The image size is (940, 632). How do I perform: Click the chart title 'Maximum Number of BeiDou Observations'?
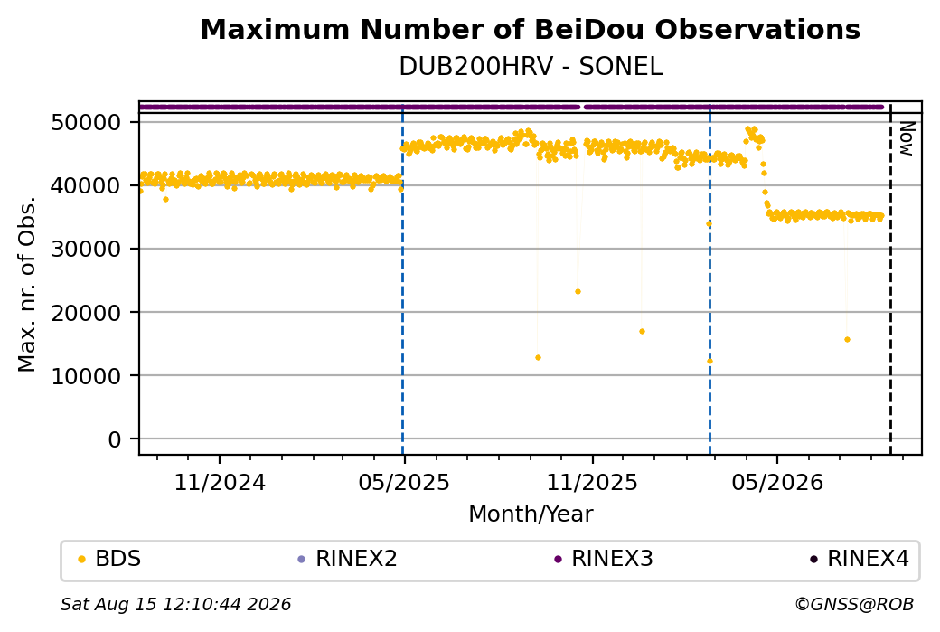click(x=530, y=29)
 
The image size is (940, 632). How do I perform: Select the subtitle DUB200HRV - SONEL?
click(x=531, y=67)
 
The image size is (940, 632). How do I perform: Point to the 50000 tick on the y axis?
click(x=87, y=123)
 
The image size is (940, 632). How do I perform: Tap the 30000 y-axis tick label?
click(x=87, y=250)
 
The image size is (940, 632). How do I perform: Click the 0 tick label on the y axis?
click(x=115, y=439)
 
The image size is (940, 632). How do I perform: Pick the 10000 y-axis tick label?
click(x=87, y=376)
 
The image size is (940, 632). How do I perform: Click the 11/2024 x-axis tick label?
click(x=220, y=483)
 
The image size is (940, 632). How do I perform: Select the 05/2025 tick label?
click(x=404, y=483)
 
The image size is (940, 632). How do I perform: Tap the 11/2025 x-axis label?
click(x=592, y=483)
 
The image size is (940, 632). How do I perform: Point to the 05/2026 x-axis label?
click(x=777, y=483)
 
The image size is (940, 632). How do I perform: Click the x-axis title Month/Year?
click(x=531, y=514)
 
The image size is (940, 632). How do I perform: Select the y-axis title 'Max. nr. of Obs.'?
click(x=27, y=284)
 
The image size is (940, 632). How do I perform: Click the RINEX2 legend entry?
click(x=347, y=559)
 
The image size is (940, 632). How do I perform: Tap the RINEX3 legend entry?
click(x=604, y=559)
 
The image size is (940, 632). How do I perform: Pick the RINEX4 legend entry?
click(x=859, y=559)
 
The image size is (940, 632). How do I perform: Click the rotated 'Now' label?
click(x=906, y=138)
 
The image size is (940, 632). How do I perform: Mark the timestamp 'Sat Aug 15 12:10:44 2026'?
click(x=175, y=604)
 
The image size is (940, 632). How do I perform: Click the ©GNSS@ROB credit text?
click(x=854, y=604)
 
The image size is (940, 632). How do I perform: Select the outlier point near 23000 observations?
click(x=578, y=292)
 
